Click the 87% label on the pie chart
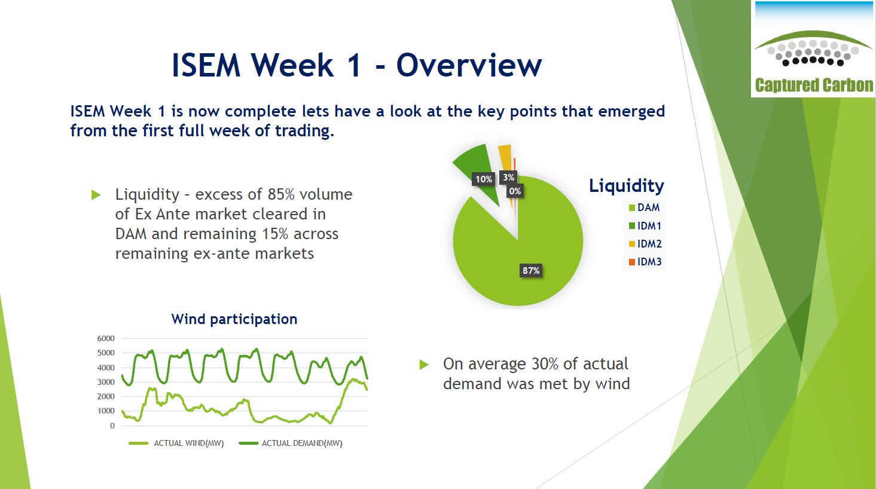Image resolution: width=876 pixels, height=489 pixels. click(x=531, y=270)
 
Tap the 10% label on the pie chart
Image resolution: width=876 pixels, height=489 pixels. click(x=483, y=179)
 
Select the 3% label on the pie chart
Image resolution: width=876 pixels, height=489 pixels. click(x=508, y=178)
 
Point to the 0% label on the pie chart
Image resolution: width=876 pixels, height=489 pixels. click(x=515, y=191)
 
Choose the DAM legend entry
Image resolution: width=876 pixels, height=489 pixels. click(x=644, y=207)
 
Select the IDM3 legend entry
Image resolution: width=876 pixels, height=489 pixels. click(x=645, y=262)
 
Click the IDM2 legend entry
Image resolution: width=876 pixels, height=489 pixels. click(x=645, y=244)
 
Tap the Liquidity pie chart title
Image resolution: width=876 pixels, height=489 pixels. click(x=627, y=186)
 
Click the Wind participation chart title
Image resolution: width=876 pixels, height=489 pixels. click(x=234, y=319)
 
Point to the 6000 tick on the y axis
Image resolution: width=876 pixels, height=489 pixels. click(x=106, y=338)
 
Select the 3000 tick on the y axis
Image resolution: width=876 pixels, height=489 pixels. click(x=106, y=382)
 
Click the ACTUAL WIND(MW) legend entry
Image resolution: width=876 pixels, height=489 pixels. click(x=176, y=443)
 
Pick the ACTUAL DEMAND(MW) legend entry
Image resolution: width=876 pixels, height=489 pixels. click(x=291, y=443)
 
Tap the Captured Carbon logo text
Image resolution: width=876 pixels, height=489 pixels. click(x=814, y=85)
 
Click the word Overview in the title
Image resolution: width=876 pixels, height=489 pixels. click(x=469, y=65)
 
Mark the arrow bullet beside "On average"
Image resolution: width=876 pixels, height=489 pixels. click(x=424, y=365)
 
